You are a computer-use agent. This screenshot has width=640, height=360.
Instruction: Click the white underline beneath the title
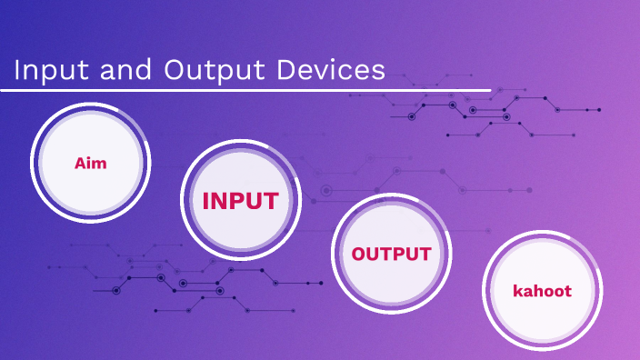coord(245,90)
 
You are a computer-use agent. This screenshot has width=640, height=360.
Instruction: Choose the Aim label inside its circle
coord(90,164)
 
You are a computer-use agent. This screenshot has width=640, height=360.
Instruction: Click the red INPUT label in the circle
coord(240,201)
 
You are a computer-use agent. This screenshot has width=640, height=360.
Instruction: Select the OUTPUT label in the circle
coord(391,255)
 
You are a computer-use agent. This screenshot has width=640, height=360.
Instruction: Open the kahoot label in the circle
coord(542,292)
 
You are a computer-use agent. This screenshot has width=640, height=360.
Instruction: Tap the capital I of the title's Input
coord(17,71)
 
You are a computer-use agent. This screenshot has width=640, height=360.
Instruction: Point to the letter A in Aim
coord(80,164)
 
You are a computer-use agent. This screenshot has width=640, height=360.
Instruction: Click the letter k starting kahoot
coord(517,292)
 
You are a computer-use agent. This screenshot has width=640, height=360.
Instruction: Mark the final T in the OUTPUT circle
coord(425,255)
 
